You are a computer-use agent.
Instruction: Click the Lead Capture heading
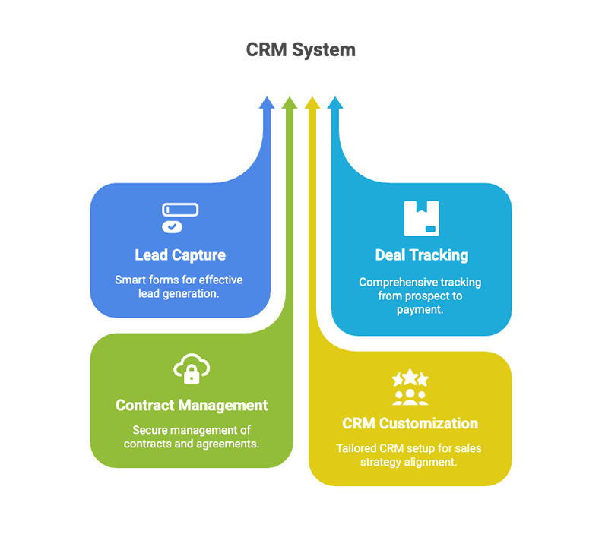180,255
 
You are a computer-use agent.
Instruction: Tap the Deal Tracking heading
421,255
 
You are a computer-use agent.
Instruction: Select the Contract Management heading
192,405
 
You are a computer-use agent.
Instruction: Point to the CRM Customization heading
410,423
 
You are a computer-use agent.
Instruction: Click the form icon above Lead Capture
180,217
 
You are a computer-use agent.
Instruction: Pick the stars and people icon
410,388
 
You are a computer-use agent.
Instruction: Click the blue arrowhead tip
267,100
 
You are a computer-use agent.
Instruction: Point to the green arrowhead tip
289,100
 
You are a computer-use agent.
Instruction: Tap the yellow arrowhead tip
312,100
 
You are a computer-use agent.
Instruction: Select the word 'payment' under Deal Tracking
420,309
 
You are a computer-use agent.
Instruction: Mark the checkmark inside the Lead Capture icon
173,226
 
